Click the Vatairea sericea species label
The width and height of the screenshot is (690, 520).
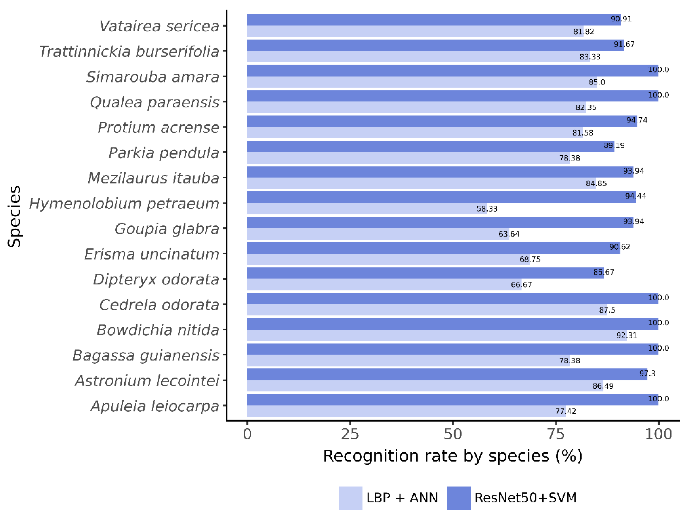159,26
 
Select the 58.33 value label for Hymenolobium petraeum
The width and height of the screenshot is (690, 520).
487,209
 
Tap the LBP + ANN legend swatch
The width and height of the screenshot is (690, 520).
350,498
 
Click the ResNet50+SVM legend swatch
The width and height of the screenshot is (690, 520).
459,498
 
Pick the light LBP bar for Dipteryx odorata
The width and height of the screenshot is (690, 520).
384,284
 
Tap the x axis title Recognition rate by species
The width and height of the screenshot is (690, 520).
453,456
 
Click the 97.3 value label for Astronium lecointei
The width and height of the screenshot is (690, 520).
647,373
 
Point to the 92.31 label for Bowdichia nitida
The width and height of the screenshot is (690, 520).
626,335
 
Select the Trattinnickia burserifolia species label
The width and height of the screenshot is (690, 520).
129,51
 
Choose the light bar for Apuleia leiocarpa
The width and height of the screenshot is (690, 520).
405,411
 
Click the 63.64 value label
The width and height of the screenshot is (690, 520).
509,234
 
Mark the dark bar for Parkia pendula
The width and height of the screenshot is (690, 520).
430,146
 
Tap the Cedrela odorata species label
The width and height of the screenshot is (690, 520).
159,305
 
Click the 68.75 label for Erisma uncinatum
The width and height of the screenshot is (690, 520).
530,259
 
